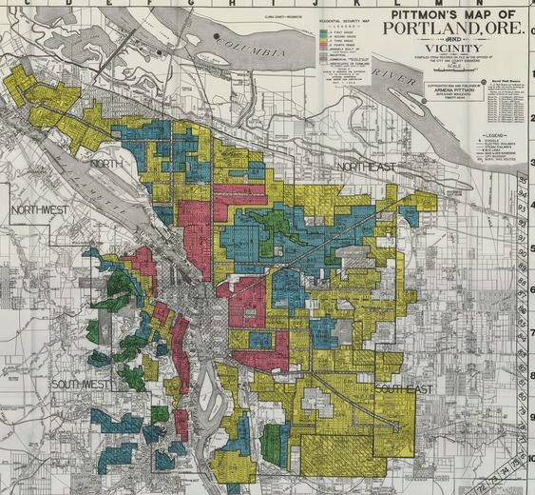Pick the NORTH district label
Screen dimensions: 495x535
(107, 164)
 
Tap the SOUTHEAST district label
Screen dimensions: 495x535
(403, 390)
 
